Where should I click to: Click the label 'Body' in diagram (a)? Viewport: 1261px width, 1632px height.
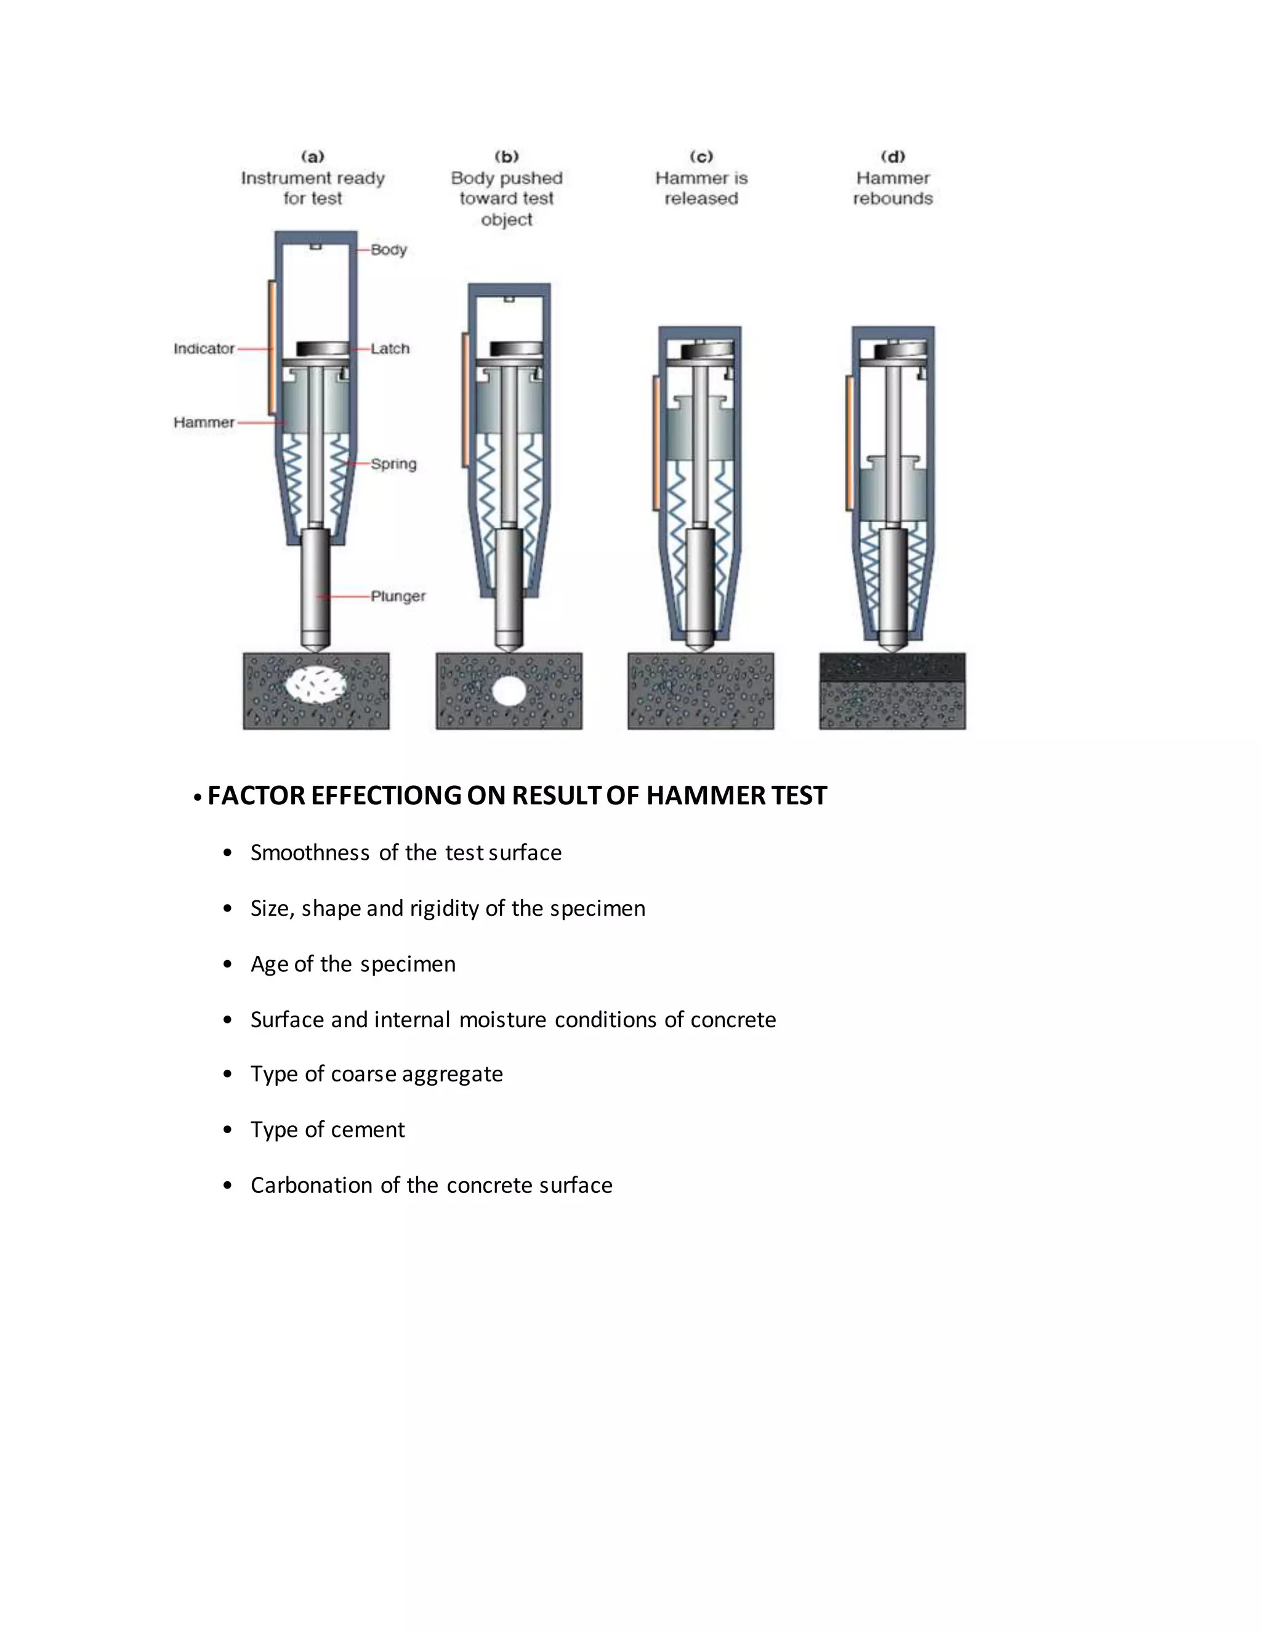pos(389,249)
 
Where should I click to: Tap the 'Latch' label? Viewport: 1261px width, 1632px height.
pos(390,348)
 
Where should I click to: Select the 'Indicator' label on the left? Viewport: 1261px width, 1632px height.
pos(204,348)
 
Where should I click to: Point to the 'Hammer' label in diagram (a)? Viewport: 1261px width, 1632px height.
pos(204,422)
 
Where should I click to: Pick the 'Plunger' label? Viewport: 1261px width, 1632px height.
pos(398,596)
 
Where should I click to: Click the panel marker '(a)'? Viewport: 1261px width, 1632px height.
pos(312,157)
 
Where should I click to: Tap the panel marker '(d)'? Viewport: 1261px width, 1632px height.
pos(893,157)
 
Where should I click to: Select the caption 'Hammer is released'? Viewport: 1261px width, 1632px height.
pos(701,188)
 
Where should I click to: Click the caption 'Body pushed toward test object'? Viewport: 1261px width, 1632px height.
pos(507,199)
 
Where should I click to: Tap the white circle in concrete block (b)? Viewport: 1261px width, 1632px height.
pos(509,690)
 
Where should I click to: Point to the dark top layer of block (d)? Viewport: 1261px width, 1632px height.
pos(892,666)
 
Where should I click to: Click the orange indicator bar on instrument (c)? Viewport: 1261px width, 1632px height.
pos(655,444)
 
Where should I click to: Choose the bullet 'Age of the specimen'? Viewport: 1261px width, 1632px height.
pos(353,964)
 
